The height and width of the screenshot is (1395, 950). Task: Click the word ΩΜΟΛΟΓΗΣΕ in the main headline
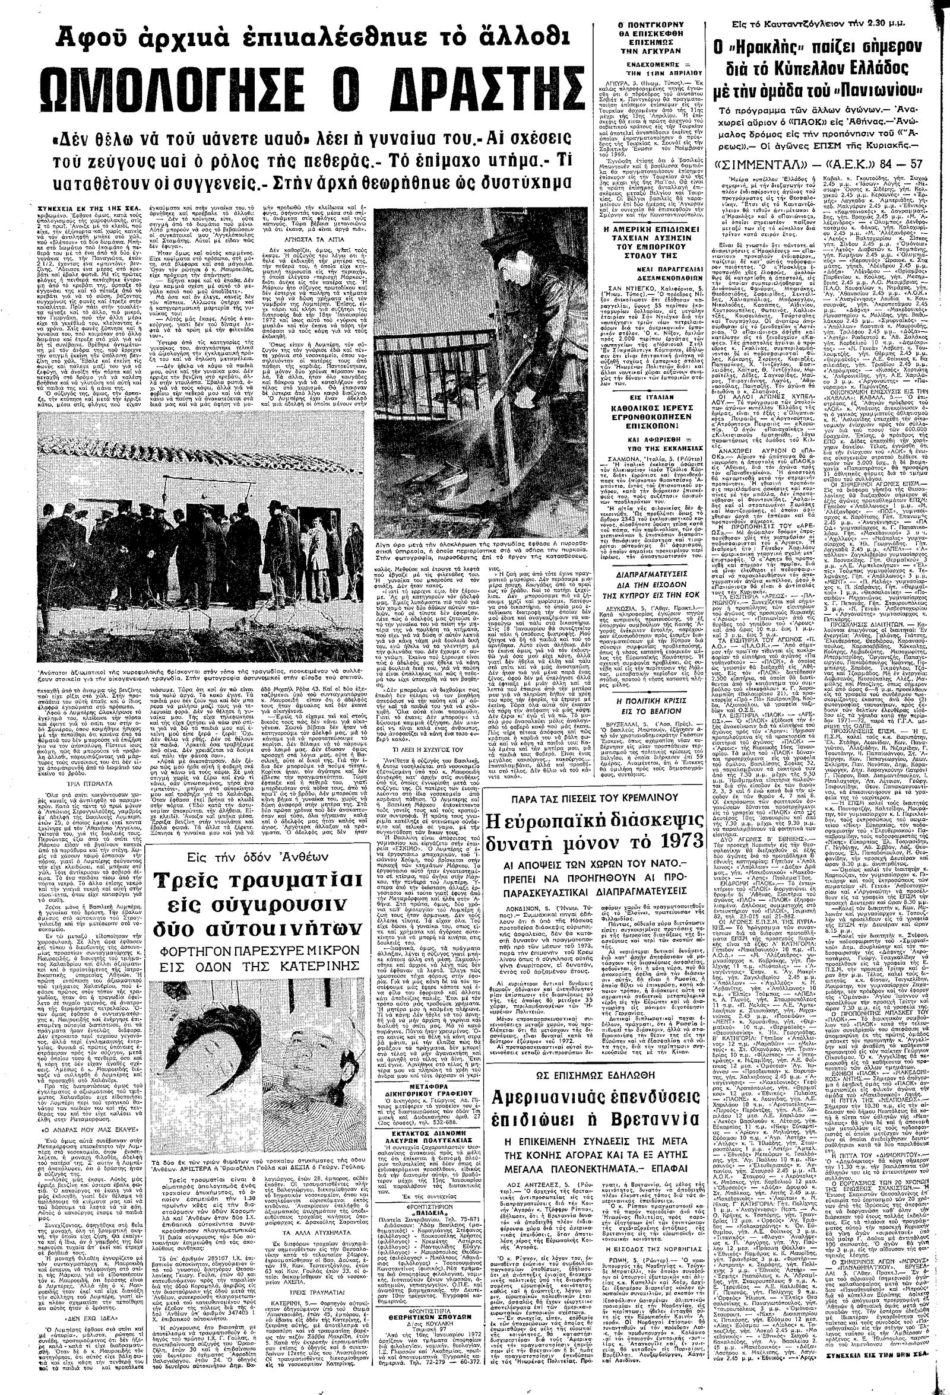[x=174, y=90]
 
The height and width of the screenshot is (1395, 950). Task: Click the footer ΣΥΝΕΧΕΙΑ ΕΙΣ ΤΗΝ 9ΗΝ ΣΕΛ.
[x=882, y=1384]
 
